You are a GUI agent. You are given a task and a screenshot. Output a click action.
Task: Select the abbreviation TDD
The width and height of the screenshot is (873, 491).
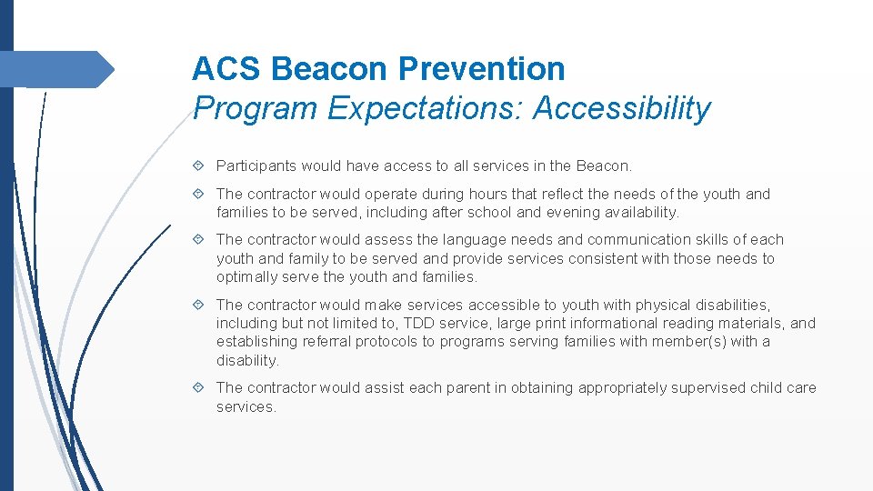[x=419, y=324]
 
